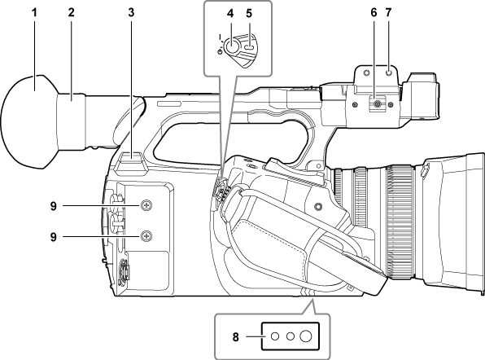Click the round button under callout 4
pos(233,46)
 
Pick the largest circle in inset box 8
pos(306,335)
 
